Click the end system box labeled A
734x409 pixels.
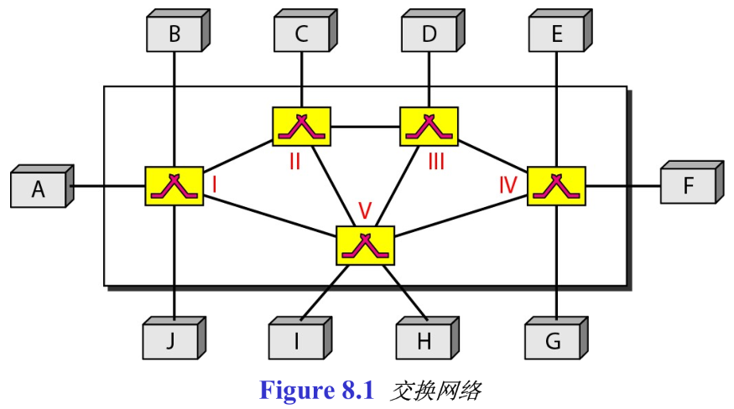pyautogui.click(x=39, y=189)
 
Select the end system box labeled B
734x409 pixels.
pyautogui.click(x=174, y=34)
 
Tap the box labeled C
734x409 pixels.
pyautogui.click(x=301, y=34)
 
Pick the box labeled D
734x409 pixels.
pyautogui.click(x=429, y=34)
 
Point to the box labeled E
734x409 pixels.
pyautogui.click(x=557, y=34)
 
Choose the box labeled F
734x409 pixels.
pyautogui.click(x=687, y=185)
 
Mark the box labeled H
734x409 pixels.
pyautogui.click(x=424, y=341)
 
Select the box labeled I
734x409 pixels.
pyautogui.click(x=297, y=341)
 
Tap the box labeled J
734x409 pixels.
pyautogui.click(x=170, y=341)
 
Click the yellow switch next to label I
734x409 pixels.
pyautogui.click(x=174, y=186)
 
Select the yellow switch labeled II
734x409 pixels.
pyautogui.click(x=301, y=127)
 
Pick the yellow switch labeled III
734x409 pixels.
pyautogui.click(x=429, y=127)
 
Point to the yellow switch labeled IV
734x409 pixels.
pyautogui.click(x=556, y=186)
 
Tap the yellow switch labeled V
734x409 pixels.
pyautogui.click(x=365, y=246)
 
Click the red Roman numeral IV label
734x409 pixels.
pyautogui.click(x=508, y=184)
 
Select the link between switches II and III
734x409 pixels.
pyautogui.click(x=365, y=127)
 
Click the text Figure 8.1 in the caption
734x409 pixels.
pyautogui.click(x=315, y=391)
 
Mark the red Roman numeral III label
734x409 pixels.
pyautogui.click(x=435, y=162)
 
